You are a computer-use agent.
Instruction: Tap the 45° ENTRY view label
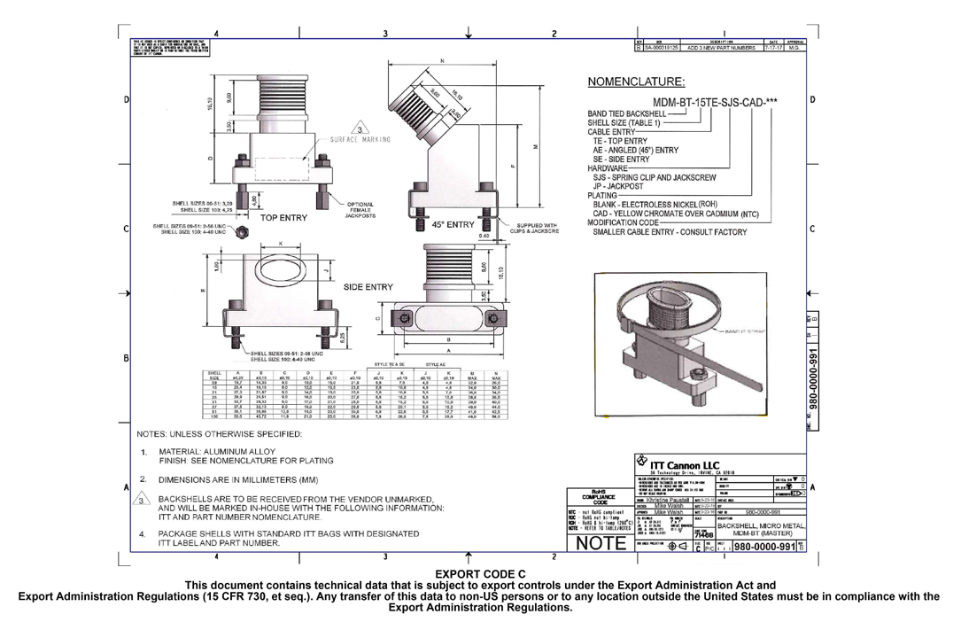coord(453,225)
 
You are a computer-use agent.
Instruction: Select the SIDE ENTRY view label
coord(368,287)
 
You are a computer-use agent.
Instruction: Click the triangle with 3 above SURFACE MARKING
coord(359,127)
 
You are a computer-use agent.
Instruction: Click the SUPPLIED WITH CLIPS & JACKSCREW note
coord(536,229)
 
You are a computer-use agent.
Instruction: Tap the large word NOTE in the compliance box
coord(601,545)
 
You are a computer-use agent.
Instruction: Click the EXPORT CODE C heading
coord(479,574)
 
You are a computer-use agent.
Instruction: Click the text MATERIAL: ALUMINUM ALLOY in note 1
coord(217,452)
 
